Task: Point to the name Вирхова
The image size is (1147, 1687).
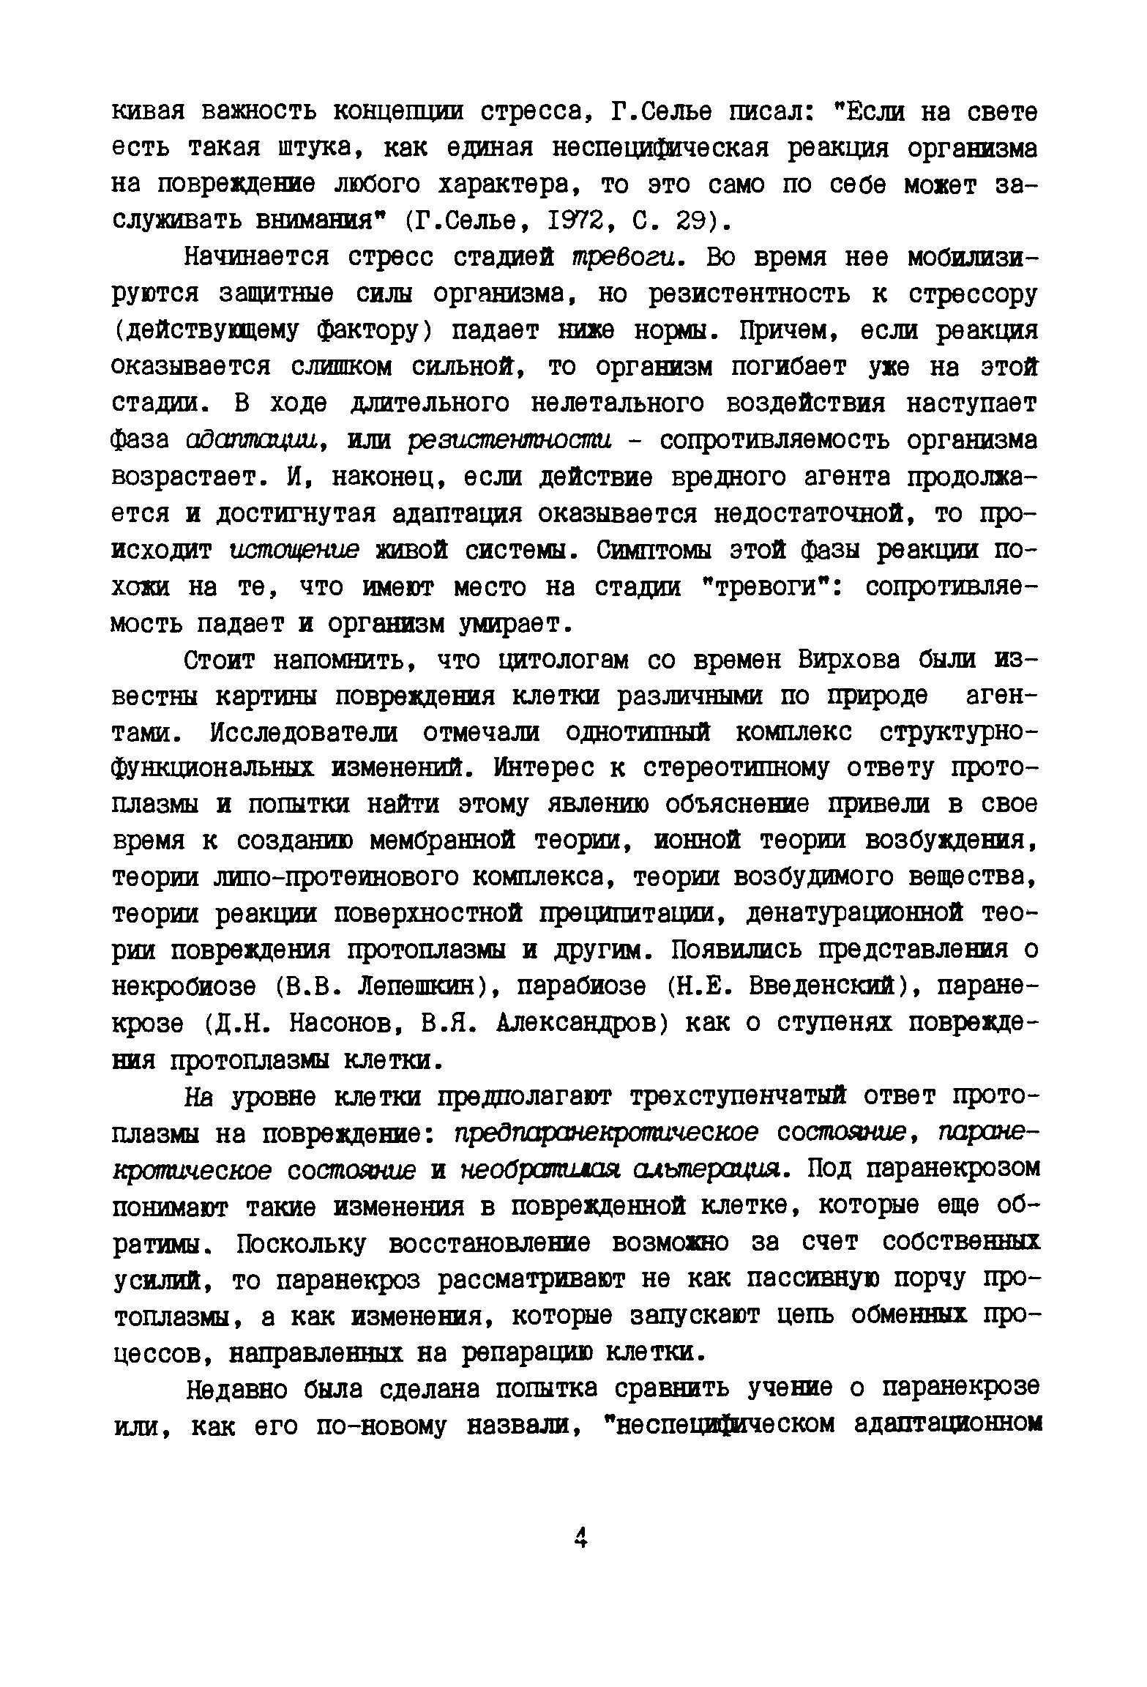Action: (848, 660)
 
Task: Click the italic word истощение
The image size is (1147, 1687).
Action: (294, 550)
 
